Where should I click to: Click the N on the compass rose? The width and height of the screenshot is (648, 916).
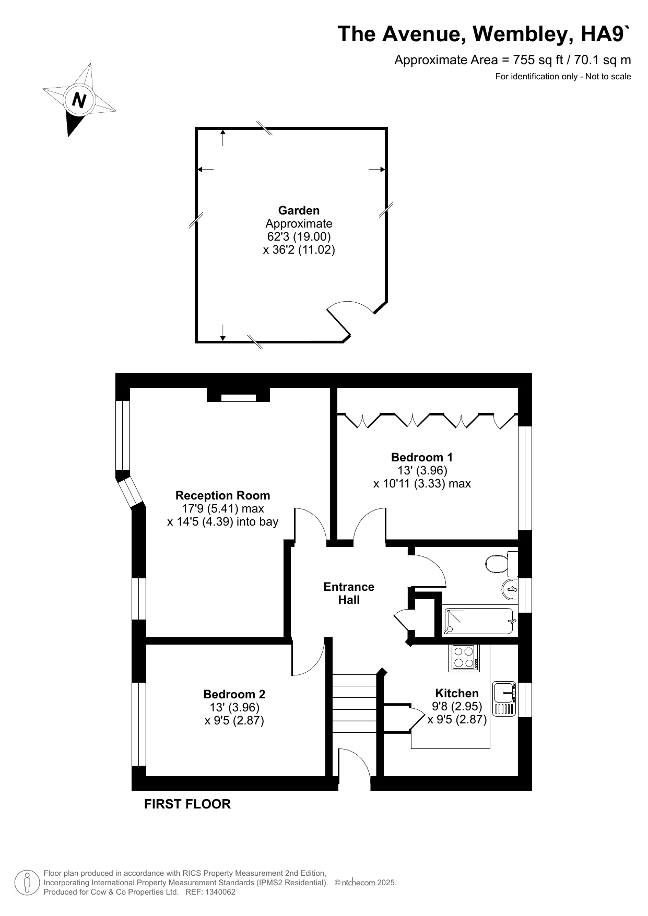pyautogui.click(x=79, y=100)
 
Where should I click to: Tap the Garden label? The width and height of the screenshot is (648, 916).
pyautogui.click(x=299, y=210)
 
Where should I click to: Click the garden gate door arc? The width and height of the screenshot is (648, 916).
pyautogui.click(x=351, y=307)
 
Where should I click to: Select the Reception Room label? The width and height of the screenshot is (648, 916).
pyautogui.click(x=222, y=495)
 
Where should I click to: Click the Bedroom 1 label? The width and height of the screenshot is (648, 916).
pyautogui.click(x=422, y=457)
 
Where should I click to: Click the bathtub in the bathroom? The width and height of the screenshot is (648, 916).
pyautogui.click(x=478, y=621)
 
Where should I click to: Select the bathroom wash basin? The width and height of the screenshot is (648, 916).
pyautogui.click(x=510, y=590)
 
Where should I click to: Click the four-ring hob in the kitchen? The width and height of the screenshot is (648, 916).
pyautogui.click(x=464, y=658)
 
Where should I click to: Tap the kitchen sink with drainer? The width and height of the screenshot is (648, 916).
pyautogui.click(x=504, y=699)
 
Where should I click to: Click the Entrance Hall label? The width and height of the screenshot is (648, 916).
pyautogui.click(x=349, y=593)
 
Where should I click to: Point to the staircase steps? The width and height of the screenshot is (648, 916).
pyautogui.click(x=355, y=704)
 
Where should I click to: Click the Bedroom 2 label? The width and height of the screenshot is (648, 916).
pyautogui.click(x=234, y=694)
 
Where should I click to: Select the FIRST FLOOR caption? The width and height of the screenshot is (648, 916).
pyautogui.click(x=187, y=804)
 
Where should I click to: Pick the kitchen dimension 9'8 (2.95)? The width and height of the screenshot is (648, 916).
pyautogui.click(x=457, y=706)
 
